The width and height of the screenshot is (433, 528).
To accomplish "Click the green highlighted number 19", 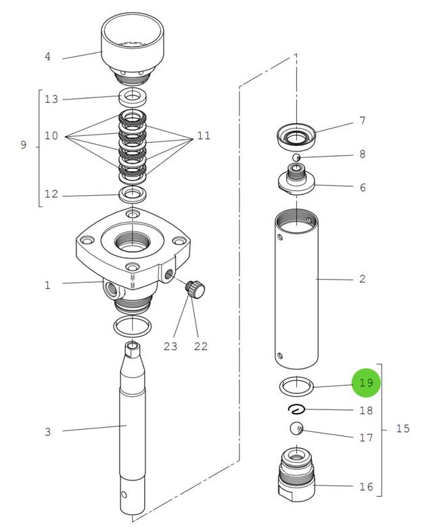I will (366, 382).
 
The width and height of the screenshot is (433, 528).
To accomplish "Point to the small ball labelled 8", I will (296, 158).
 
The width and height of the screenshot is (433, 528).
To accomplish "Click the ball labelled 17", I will (296, 428).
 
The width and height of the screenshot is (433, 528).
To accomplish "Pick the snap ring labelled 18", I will (296, 408).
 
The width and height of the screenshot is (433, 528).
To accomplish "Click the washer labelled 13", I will (133, 95).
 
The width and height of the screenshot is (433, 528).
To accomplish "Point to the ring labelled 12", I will (133, 196).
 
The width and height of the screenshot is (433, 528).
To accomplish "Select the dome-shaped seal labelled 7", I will (296, 138).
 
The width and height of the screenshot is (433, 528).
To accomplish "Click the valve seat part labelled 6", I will (296, 183).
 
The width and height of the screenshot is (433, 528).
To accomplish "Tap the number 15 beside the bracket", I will (403, 428).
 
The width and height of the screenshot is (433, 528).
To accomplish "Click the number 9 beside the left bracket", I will (23, 145).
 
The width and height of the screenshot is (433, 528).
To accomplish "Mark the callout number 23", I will (169, 347).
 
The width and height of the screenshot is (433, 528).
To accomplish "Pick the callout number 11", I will (204, 136).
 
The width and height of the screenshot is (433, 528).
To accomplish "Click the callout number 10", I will (51, 136).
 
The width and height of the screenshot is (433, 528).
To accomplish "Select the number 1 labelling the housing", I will (47, 285).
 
